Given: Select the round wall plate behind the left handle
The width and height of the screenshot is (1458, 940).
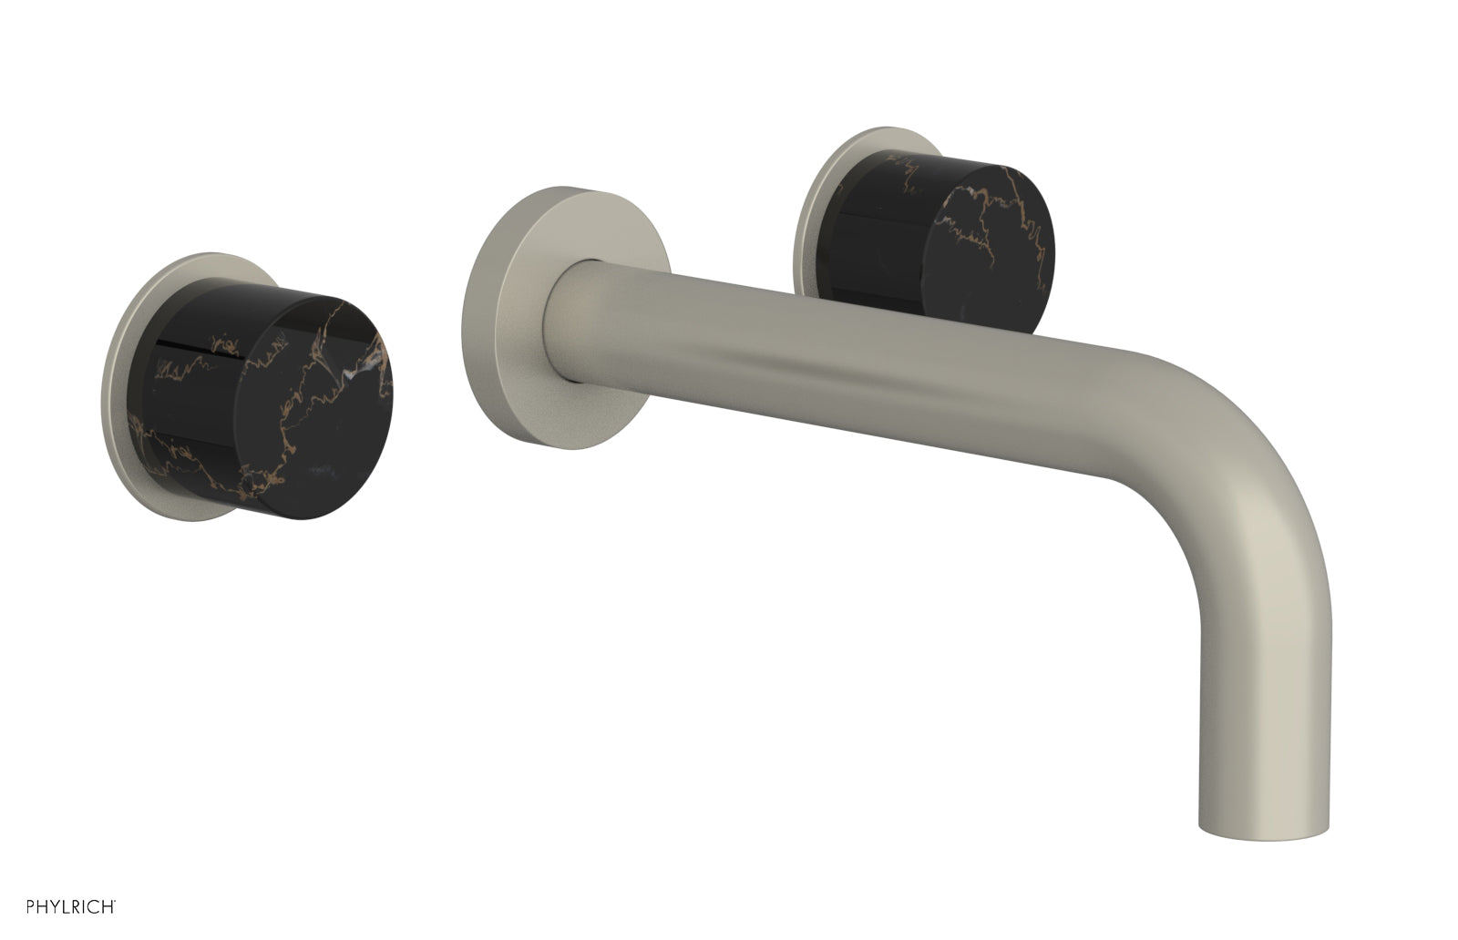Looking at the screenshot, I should (128, 383).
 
